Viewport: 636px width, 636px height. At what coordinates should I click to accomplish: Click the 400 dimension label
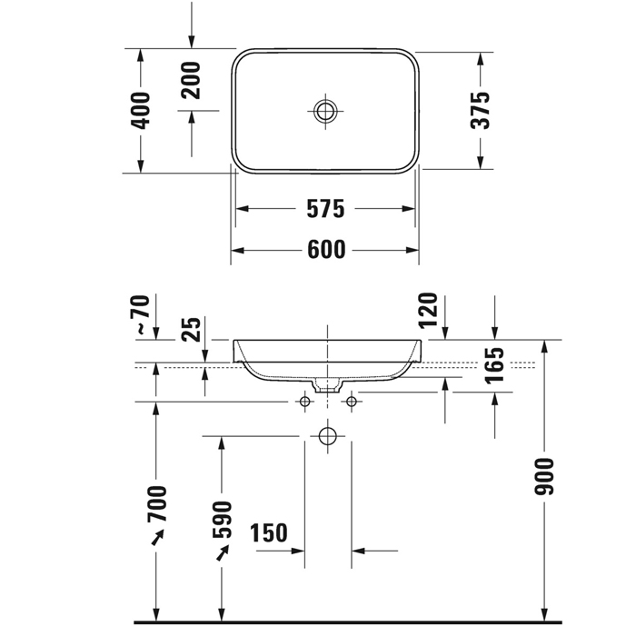click(x=141, y=111)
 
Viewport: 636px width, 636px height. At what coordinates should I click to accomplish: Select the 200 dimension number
click(x=191, y=80)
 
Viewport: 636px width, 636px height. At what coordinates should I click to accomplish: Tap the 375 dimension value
click(x=481, y=110)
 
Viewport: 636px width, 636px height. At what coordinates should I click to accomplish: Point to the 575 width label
click(x=325, y=209)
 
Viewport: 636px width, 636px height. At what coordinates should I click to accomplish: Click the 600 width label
click(x=326, y=250)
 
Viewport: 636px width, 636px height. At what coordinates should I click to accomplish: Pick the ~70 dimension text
click(x=142, y=314)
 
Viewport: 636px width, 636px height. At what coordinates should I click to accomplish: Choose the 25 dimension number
click(x=191, y=329)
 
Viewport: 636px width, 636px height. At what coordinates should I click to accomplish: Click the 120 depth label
click(x=428, y=311)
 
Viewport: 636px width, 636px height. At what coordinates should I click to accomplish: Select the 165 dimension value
click(x=494, y=365)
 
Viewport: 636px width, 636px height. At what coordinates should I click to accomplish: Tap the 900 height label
click(x=544, y=477)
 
